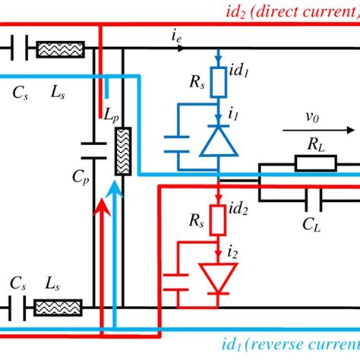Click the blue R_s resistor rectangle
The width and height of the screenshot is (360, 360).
click(x=218, y=78)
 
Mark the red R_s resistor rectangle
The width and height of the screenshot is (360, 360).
click(x=218, y=221)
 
